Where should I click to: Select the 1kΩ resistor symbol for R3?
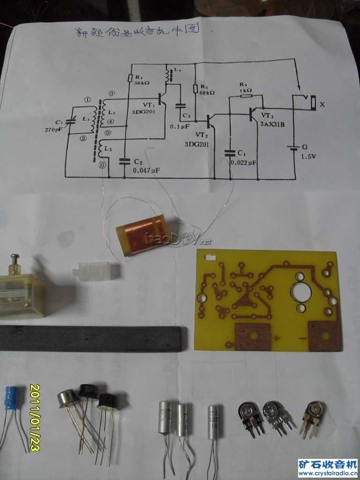[x=245, y=97]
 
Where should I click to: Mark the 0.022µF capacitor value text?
[x=243, y=164]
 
